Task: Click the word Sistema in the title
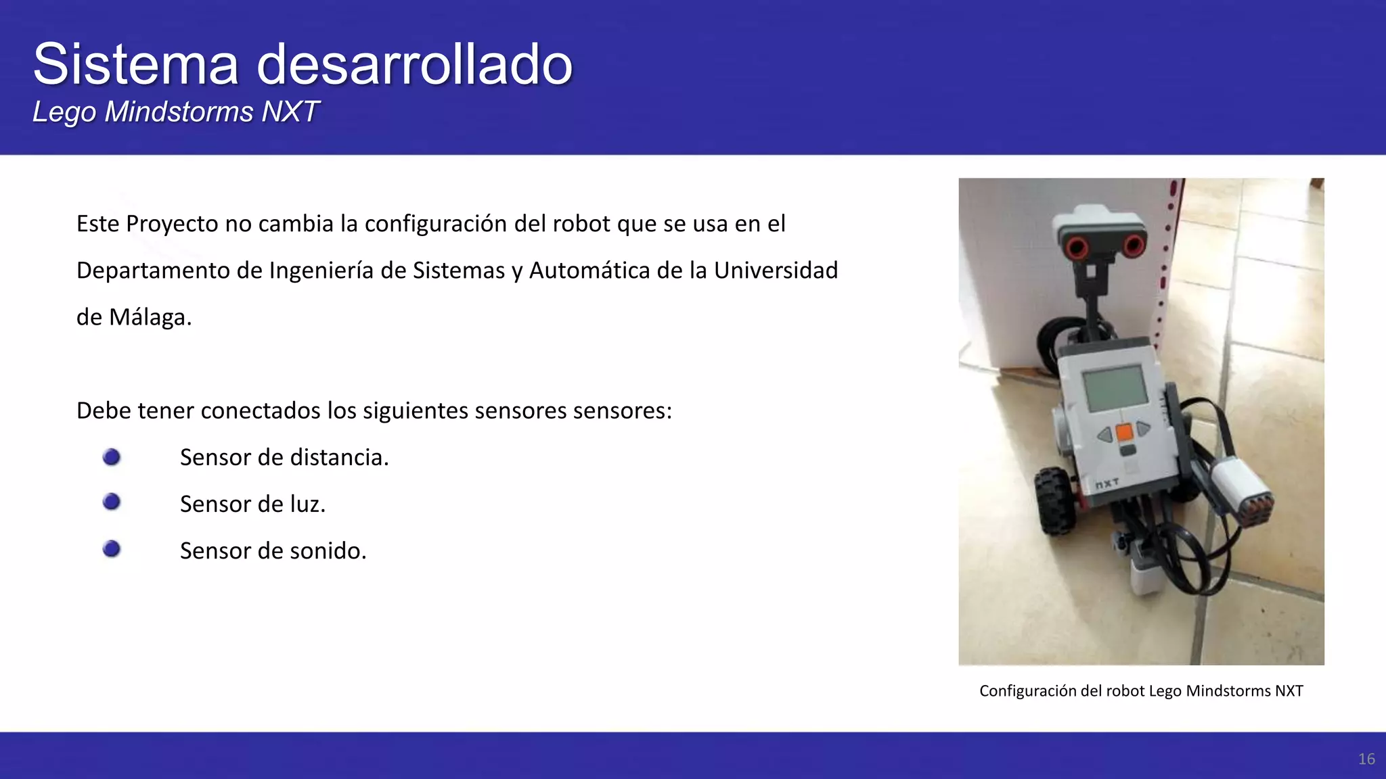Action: click(135, 64)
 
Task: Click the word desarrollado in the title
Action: click(414, 64)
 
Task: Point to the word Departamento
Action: click(169, 270)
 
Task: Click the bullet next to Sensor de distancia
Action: click(112, 458)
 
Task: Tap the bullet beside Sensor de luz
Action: click(112, 502)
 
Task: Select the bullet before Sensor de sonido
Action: click(112, 548)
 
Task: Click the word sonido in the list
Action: click(328, 551)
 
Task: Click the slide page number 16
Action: click(1366, 759)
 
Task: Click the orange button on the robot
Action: click(1124, 431)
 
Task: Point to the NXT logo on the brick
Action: click(1106, 484)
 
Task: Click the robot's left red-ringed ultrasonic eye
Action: click(1076, 248)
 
